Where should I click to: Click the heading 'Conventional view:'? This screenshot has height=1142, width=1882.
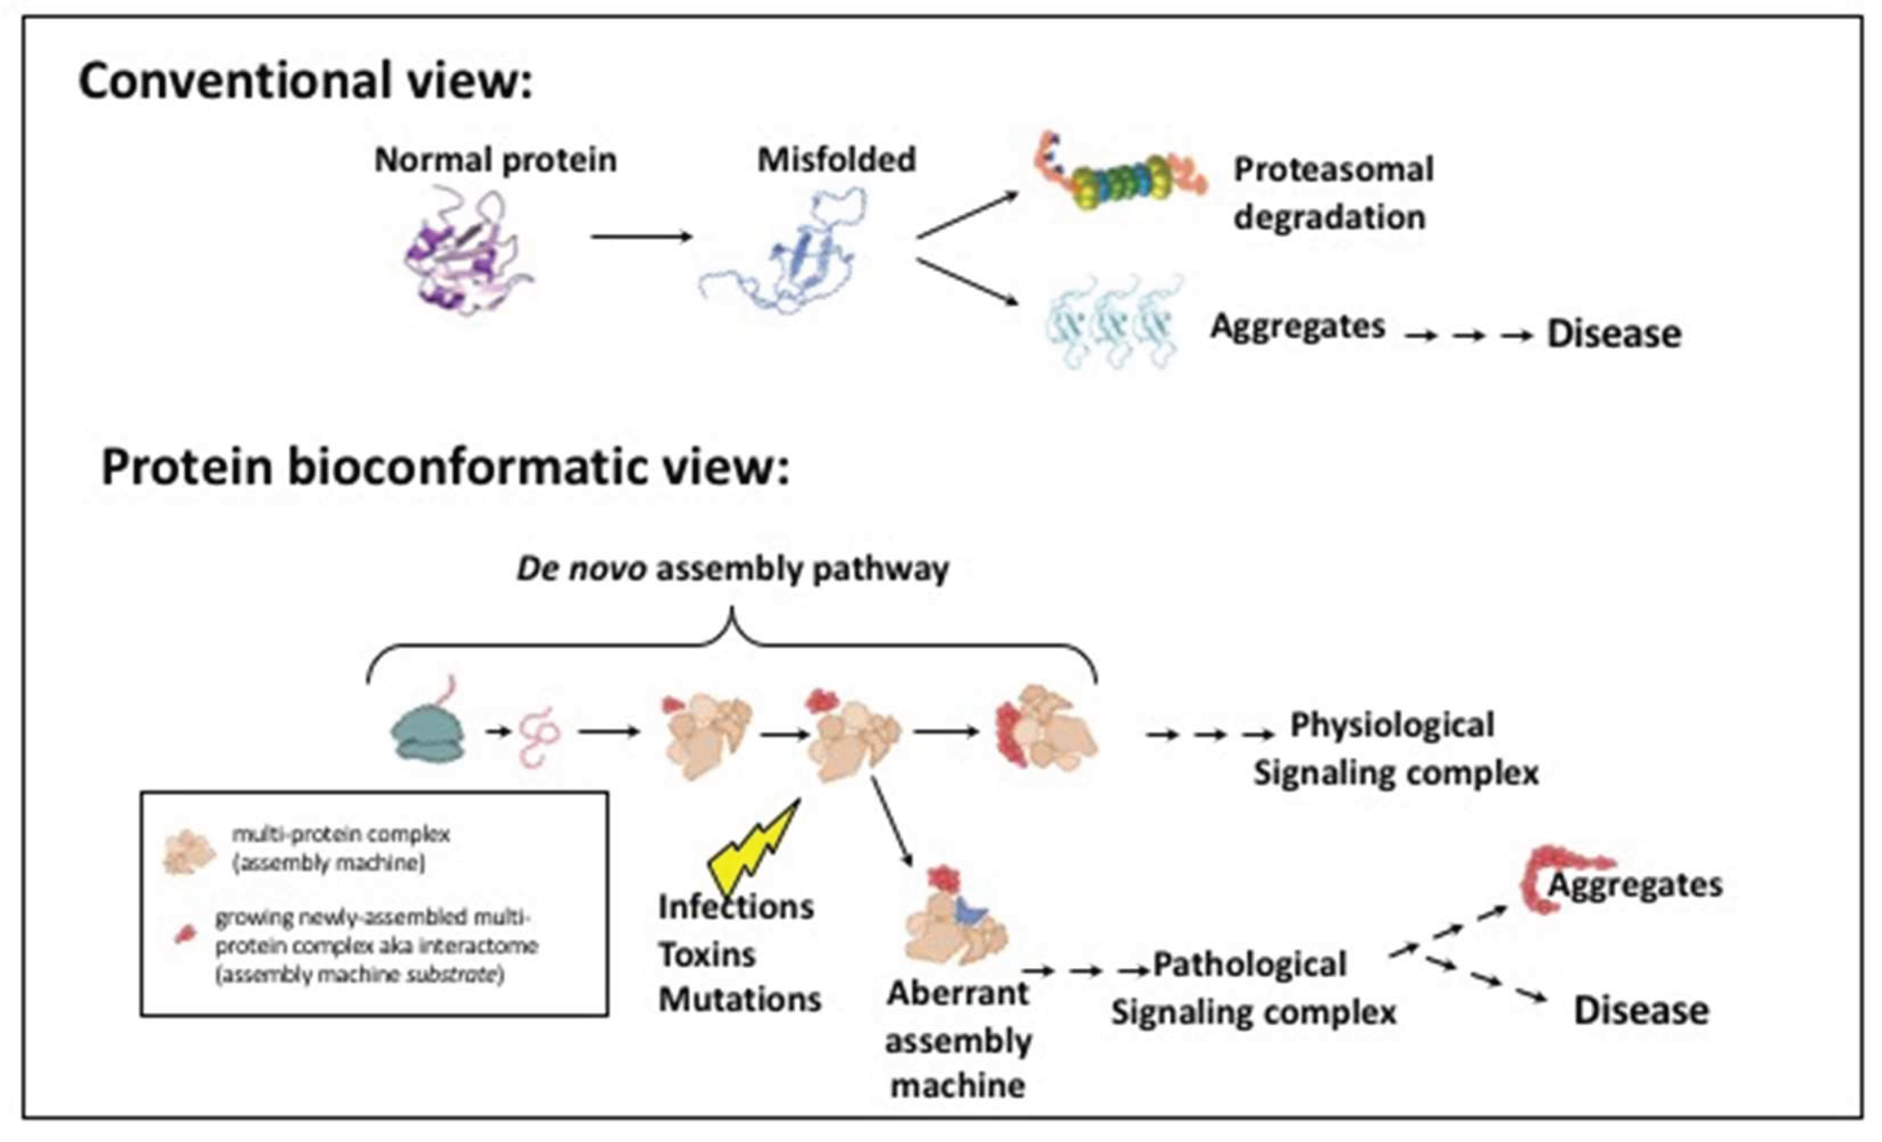click(x=305, y=80)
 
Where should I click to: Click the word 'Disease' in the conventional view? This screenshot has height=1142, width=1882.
click(x=1613, y=334)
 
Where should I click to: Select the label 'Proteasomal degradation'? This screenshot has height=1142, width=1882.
click(x=1332, y=193)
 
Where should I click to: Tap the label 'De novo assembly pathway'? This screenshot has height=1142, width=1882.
click(x=732, y=569)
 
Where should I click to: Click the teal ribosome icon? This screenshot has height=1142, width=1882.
click(x=427, y=733)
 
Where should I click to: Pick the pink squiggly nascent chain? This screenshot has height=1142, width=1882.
click(x=539, y=736)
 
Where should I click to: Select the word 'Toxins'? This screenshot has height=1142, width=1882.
click(x=706, y=955)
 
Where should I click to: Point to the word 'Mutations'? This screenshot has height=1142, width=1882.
click(x=740, y=999)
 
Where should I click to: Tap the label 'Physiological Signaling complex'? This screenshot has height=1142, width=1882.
click(x=1394, y=749)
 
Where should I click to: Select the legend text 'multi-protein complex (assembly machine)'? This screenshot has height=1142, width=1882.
click(x=340, y=848)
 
